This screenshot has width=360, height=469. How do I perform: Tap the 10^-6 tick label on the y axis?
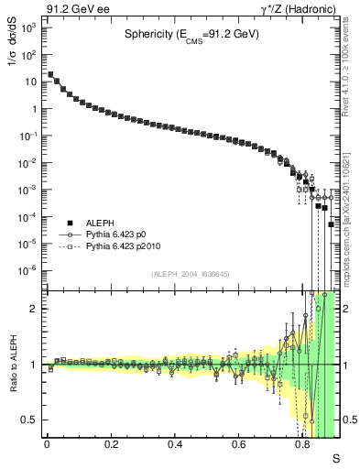[x=28, y=270]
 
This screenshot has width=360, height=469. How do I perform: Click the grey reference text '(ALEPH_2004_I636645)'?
[x=191, y=273]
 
